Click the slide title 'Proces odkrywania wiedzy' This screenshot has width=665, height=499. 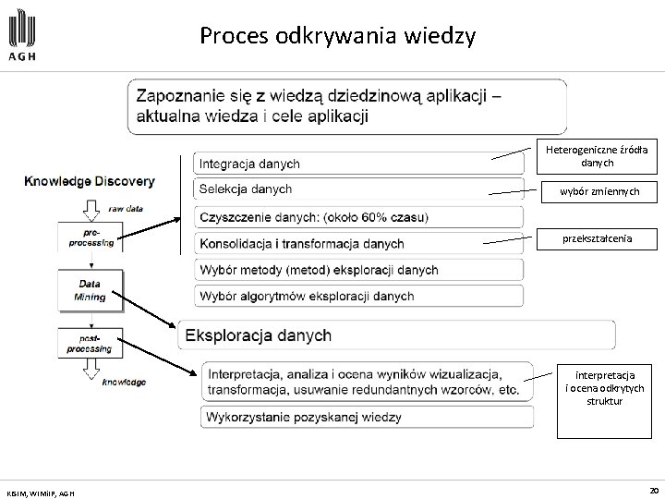(337, 37)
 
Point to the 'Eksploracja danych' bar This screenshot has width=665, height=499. (397, 334)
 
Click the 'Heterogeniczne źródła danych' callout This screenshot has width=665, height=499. (597, 155)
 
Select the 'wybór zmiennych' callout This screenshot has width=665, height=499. (597, 191)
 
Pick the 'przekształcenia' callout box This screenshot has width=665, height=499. (597, 237)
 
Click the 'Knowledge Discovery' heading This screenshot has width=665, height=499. (90, 182)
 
